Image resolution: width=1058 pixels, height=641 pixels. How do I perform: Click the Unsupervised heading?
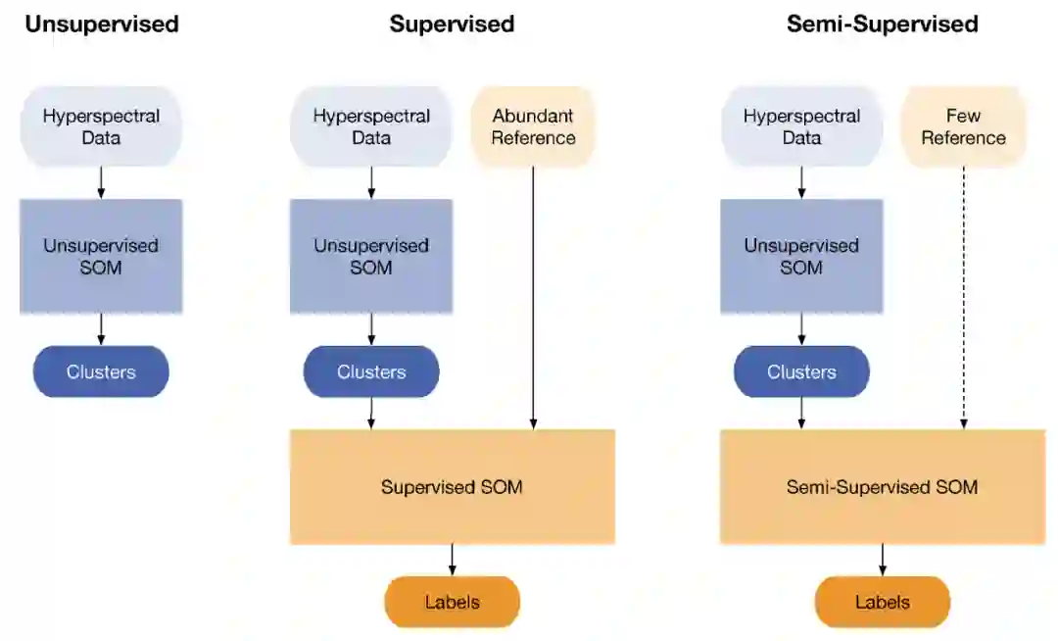(x=102, y=25)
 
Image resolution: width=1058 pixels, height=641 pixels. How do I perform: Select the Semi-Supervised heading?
(x=883, y=25)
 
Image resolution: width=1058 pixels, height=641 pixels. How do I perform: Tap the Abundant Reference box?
(x=533, y=126)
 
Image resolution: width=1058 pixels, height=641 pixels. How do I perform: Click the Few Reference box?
(x=964, y=126)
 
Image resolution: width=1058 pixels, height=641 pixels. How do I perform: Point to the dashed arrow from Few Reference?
(x=964, y=298)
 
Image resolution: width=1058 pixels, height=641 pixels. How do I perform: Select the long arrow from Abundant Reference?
(x=533, y=298)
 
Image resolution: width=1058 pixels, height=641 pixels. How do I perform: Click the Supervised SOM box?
(x=453, y=486)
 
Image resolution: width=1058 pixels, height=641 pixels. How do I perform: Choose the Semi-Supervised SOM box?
(x=883, y=486)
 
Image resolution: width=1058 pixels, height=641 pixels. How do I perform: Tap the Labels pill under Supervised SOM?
(x=452, y=602)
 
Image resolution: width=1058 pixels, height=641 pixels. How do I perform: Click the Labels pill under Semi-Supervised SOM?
(x=883, y=602)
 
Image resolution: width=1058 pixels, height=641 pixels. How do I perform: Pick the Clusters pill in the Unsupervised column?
(x=101, y=371)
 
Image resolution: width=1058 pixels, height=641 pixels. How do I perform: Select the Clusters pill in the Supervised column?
(x=371, y=371)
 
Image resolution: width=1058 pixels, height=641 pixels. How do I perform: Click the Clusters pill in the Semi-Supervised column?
(x=801, y=371)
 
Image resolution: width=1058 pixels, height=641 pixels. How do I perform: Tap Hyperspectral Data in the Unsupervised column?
(x=101, y=126)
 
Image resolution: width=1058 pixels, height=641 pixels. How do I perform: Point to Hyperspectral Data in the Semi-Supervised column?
(x=801, y=126)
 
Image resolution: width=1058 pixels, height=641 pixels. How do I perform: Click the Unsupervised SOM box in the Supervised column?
(x=371, y=257)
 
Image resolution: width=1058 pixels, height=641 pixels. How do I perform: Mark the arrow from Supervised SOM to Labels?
(x=452, y=560)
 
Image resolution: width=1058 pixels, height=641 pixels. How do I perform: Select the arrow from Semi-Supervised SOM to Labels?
(x=883, y=560)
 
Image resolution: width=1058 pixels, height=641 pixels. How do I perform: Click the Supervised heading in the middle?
(x=452, y=25)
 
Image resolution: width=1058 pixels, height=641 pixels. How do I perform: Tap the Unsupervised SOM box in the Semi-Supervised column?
(x=801, y=257)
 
